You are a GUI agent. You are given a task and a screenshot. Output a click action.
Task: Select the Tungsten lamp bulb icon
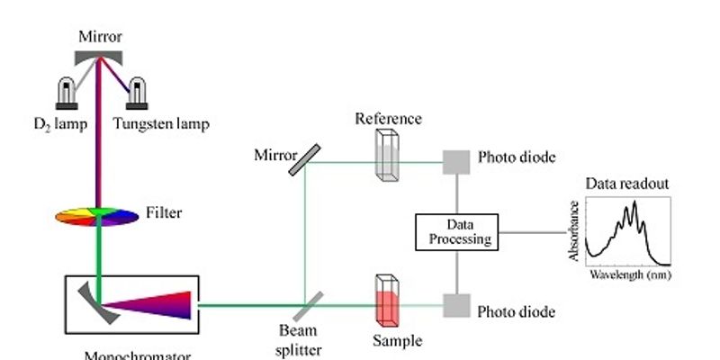pos(139,93)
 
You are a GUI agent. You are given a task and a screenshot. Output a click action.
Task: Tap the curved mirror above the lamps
pos(100,55)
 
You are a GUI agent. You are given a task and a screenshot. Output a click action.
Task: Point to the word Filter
pos(163,214)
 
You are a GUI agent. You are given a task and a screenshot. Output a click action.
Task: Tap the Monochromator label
pos(137,355)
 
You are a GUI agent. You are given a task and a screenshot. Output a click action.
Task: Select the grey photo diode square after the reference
pos(456,161)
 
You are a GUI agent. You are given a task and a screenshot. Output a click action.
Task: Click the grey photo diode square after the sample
pos(456,307)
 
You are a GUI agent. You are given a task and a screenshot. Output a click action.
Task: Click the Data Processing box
pos(455,232)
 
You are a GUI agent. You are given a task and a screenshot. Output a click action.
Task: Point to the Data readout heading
pos(627,185)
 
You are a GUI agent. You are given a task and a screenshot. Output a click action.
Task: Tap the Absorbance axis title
pos(572,234)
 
